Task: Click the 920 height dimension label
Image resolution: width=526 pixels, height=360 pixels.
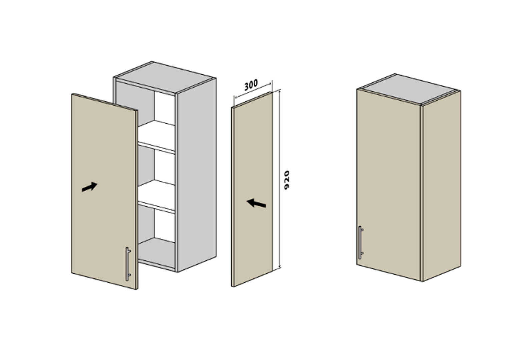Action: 287,180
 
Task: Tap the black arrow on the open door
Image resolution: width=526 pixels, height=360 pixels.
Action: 89,187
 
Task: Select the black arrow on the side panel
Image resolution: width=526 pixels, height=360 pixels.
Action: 256,203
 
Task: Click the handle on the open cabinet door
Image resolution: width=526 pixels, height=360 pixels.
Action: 127,264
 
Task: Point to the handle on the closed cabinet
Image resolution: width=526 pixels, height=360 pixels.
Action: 361,243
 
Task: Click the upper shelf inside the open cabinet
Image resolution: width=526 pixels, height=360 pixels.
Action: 156,136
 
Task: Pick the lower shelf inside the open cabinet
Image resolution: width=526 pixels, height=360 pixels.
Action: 156,196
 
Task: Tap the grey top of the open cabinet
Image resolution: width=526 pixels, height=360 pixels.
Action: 165,77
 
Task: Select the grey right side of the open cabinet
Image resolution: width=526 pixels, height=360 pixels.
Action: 197,175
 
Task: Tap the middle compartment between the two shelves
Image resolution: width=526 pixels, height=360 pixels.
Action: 156,167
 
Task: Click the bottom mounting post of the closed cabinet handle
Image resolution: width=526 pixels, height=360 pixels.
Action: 362,254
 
